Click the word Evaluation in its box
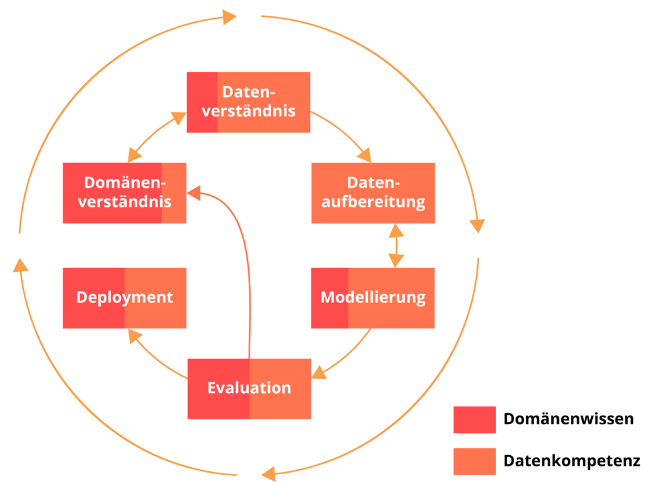click(249, 388)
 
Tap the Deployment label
click(124, 298)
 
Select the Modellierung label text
click(373, 298)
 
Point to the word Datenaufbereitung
click(373, 193)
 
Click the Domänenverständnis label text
click(124, 193)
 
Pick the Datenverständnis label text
click(248, 102)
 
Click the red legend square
click(474, 420)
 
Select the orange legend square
click(474, 462)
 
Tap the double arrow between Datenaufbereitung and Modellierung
click(396, 246)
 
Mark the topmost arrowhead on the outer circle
click(230, 16)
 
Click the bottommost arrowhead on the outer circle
click(268, 473)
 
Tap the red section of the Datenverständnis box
click(202, 102)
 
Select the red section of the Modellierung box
click(329, 298)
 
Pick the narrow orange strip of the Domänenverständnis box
click(174, 193)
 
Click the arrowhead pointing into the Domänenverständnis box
click(194, 194)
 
